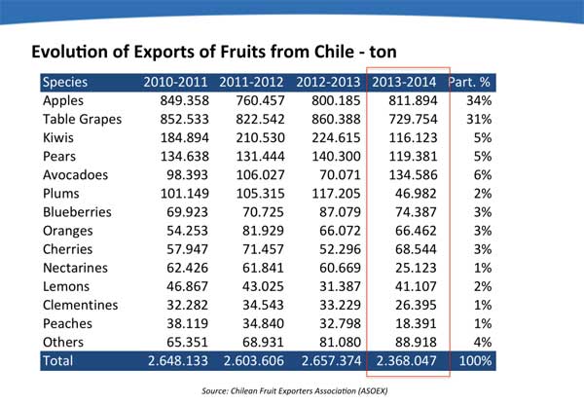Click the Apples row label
[66, 100]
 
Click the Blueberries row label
[78, 211]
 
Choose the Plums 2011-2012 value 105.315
[253, 193]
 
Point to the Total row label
[60, 361]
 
